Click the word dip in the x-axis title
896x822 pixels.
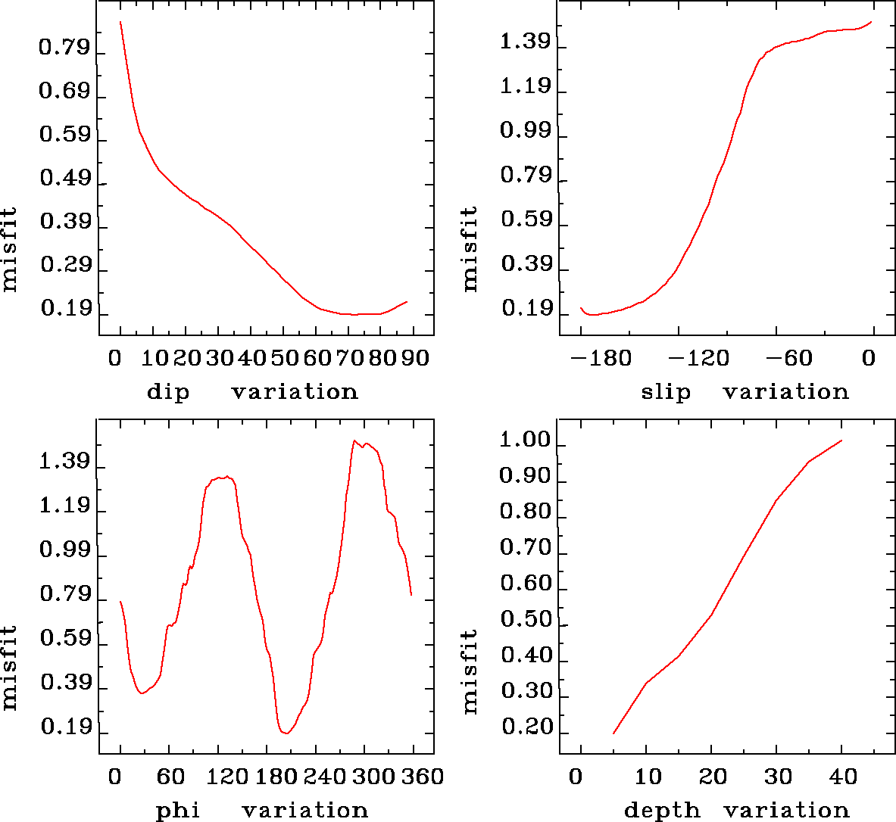click(168, 392)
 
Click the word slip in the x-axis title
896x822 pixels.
click(666, 392)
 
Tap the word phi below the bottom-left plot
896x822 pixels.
click(178, 811)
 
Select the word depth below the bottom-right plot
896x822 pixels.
click(662, 811)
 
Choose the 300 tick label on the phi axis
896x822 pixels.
click(370, 777)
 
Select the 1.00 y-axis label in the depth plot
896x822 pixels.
click(525, 441)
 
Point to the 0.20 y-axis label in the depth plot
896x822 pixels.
click(525, 727)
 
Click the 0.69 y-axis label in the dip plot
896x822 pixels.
click(64, 92)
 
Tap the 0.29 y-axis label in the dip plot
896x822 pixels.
click(64, 266)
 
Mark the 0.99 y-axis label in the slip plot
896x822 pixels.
click(525, 131)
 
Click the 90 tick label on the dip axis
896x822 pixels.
click(414, 357)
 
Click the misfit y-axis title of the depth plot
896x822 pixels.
click(470, 671)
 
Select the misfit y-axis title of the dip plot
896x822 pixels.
click(9, 250)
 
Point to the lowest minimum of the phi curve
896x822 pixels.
click(286, 733)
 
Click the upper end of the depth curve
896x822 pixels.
click(841, 441)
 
